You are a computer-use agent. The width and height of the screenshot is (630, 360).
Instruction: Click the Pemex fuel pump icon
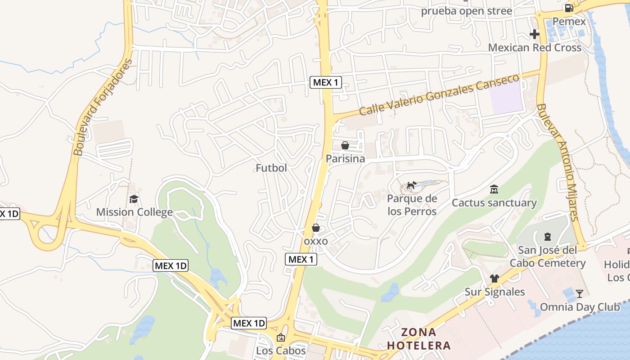coord(569,8)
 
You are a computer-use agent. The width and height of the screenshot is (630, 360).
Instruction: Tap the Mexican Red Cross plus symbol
coord(535,34)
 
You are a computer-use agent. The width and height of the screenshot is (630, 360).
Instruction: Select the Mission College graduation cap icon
coord(134,199)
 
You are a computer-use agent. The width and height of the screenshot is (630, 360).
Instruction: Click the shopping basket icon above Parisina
coord(345,145)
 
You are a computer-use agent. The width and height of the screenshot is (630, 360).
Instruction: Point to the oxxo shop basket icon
coord(316,228)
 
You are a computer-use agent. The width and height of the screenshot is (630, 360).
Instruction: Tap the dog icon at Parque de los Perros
coord(411,185)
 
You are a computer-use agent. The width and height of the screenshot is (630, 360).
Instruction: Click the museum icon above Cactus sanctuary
coord(494,189)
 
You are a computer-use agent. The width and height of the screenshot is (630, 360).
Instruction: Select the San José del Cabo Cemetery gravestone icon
coord(548,236)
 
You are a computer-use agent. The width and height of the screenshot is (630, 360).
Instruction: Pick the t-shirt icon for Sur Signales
coord(495,279)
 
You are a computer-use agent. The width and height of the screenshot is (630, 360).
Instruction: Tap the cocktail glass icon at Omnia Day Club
coord(580,294)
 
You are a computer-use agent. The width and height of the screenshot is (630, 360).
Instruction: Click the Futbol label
coord(271,168)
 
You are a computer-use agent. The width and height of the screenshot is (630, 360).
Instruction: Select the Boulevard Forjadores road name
coord(103,107)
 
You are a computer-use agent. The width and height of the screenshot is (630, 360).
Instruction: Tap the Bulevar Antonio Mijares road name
coord(557,162)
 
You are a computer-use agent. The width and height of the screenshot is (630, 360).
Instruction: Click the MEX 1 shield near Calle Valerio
coord(326,82)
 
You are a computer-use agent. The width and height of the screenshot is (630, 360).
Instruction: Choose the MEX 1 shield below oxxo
coord(301,259)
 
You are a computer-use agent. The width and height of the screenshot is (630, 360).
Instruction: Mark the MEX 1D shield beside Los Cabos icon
coord(249,323)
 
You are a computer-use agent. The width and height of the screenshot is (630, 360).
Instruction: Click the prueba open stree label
coord(466,11)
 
